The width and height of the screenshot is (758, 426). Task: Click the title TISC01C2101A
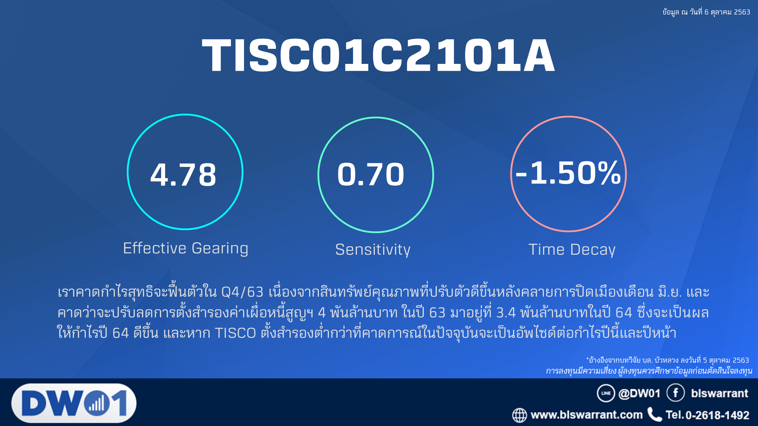coord(378,55)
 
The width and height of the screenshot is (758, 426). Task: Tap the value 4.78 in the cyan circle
coord(184,175)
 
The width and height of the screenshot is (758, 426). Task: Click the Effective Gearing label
coord(186,248)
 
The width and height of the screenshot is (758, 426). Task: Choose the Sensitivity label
coord(373,250)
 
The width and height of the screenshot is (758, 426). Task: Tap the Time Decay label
coord(572,250)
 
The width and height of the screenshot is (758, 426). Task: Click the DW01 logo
coord(74,403)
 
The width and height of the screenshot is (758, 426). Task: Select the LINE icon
coord(606,393)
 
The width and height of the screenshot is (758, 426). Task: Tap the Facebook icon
coord(676,393)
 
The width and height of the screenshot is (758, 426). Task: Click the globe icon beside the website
coord(520,415)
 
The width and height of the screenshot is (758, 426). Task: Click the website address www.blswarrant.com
coord(587,415)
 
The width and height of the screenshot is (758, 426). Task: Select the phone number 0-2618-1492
coord(717,415)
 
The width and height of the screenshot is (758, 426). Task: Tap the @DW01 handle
coord(640,393)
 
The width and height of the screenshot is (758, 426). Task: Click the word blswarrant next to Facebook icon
coord(720,393)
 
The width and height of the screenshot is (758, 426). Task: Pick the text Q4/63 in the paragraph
coord(242,292)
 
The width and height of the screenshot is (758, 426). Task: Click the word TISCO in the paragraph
coord(235,333)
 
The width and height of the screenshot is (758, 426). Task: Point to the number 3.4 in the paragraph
coord(506,313)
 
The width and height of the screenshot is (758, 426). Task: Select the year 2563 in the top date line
coord(742,12)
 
